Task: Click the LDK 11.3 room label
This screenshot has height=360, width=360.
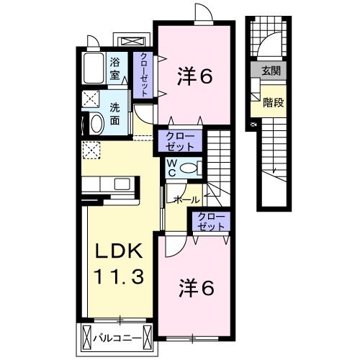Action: [x=119, y=264]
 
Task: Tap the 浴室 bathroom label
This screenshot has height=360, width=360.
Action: [x=114, y=69]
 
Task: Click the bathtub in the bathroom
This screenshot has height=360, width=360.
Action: [x=94, y=68]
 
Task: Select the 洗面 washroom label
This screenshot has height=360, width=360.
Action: [x=114, y=114]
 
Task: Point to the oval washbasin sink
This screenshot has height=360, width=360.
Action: [x=96, y=123]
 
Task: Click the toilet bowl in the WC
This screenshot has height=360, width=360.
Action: [x=188, y=168]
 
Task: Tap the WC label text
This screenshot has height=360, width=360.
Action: [x=172, y=168]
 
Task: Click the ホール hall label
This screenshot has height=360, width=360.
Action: [x=187, y=199]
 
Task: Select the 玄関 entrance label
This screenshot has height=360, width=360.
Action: [x=271, y=71]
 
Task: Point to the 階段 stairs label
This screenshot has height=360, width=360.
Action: [x=274, y=103]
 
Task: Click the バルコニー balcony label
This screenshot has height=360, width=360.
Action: [x=117, y=338]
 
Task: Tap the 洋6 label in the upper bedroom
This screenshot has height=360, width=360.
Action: [x=195, y=76]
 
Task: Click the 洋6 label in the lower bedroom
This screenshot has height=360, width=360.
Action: [x=197, y=288]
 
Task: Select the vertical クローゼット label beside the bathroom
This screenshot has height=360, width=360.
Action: [x=144, y=75]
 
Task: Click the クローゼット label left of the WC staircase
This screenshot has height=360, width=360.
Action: [x=180, y=141]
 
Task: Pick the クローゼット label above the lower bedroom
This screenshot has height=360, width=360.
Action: [x=211, y=221]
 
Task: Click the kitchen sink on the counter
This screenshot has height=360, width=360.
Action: [x=122, y=184]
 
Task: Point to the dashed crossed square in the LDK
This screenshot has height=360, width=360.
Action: [x=91, y=150]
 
